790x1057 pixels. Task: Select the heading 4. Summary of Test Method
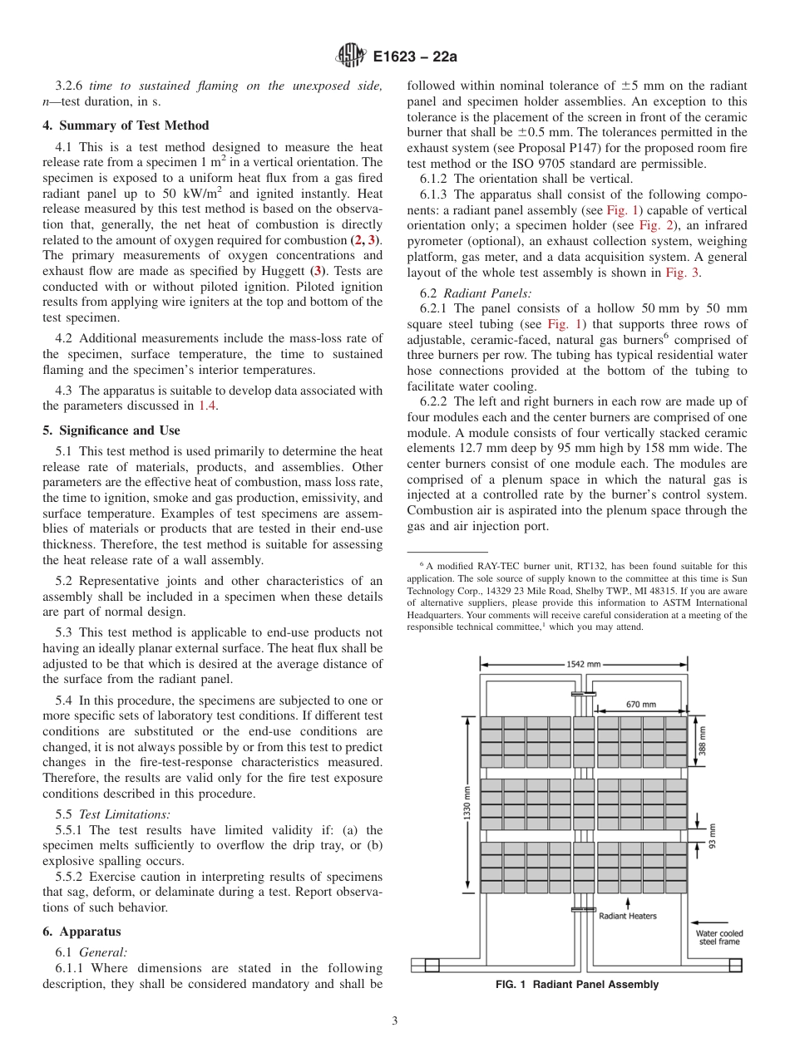[126, 125]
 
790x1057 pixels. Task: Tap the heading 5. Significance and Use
[111, 430]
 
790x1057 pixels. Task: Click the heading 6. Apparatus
[81, 932]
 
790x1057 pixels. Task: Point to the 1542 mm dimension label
[583, 664]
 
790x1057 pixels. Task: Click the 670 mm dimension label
[640, 704]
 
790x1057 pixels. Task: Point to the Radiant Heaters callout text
[628, 916]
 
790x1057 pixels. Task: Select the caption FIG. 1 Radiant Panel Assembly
[576, 985]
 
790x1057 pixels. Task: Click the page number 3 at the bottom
[394, 1021]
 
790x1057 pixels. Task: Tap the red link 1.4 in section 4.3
[207, 406]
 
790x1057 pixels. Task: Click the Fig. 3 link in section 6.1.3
[674, 273]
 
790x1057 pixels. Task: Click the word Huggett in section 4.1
[279, 272]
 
